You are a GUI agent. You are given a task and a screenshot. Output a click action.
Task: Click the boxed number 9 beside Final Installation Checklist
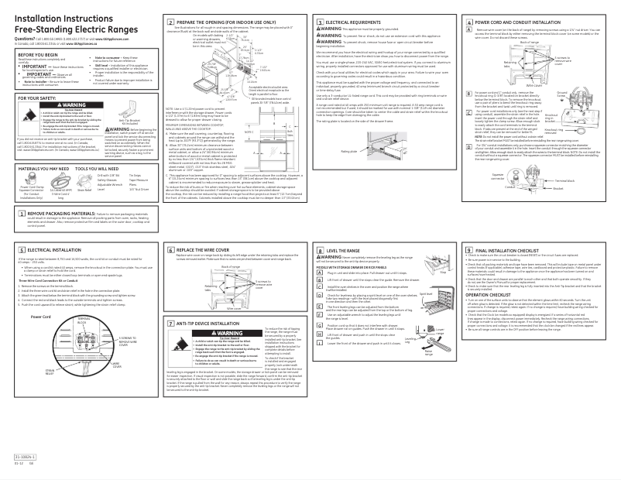click(x=467, y=252)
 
